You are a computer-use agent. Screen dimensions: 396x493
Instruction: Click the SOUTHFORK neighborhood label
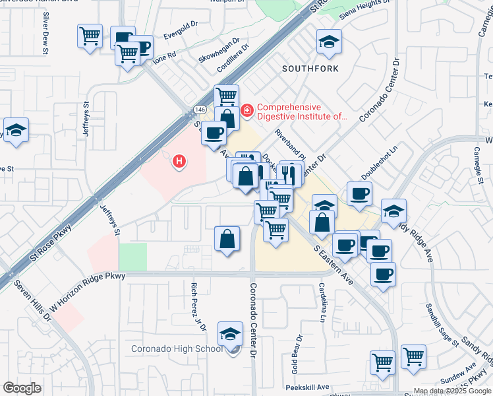pyautogui.click(x=310, y=69)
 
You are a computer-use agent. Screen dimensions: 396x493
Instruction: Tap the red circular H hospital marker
pyautogui.click(x=178, y=160)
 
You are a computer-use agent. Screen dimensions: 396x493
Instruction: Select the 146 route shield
pyautogui.click(x=200, y=109)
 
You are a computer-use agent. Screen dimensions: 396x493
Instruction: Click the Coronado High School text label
pyautogui.click(x=177, y=348)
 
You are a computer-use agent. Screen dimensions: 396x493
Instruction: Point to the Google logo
pyautogui.click(x=22, y=388)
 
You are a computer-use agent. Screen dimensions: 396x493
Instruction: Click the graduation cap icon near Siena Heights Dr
pyautogui.click(x=329, y=42)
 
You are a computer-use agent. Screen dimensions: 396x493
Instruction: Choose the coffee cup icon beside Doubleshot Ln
pyautogui.click(x=359, y=194)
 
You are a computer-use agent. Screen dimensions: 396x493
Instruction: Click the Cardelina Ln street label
pyautogui.click(x=322, y=303)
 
